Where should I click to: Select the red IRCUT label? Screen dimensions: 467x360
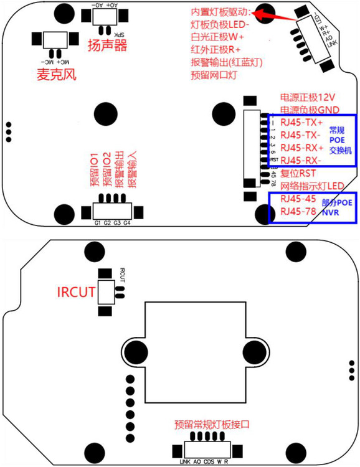(x=76, y=292)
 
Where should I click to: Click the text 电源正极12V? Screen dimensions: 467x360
(x=308, y=98)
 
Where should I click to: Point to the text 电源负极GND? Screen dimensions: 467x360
(x=310, y=110)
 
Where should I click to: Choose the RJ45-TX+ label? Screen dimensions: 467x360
(x=302, y=122)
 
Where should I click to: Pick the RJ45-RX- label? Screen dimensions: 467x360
(x=301, y=161)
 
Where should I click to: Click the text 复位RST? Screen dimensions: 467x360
(x=300, y=174)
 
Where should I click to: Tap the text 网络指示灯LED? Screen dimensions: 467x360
(x=312, y=186)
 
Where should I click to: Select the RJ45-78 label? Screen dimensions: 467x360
(x=300, y=212)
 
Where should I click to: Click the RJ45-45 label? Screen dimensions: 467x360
(x=300, y=199)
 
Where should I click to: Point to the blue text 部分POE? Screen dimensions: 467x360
(x=337, y=203)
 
